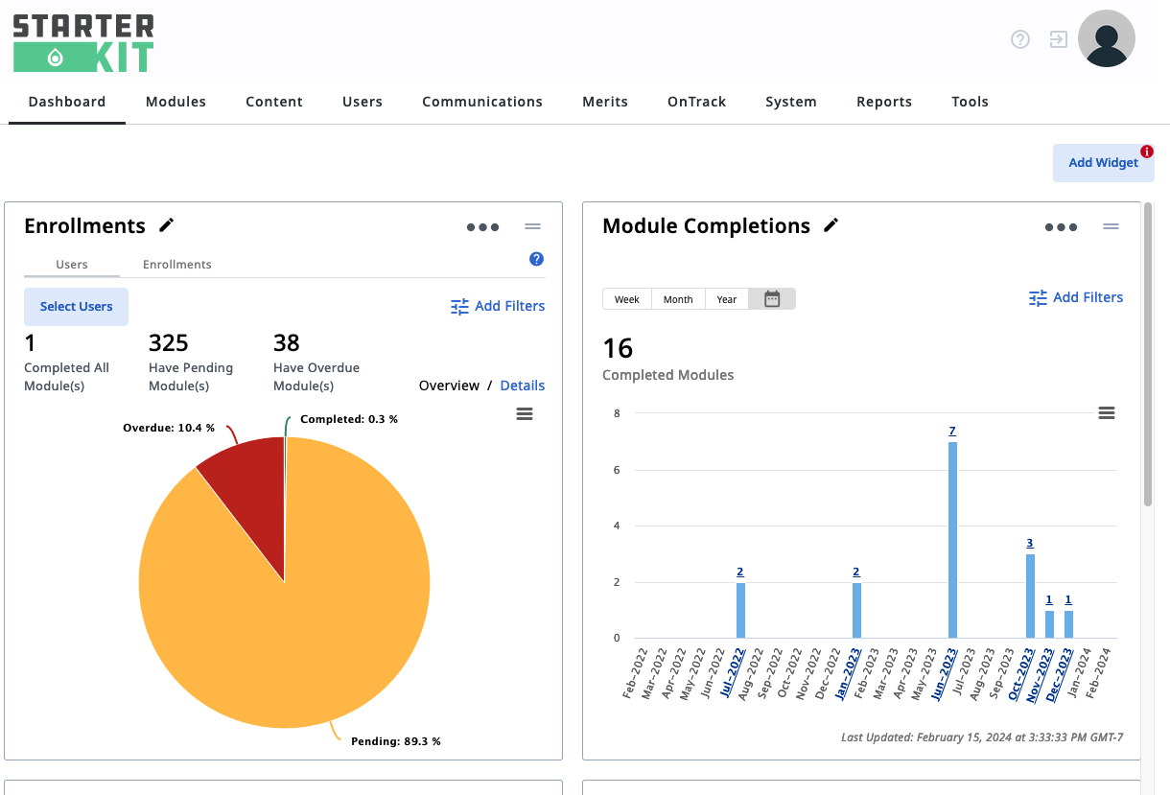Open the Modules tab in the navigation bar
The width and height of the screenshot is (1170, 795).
[x=175, y=102]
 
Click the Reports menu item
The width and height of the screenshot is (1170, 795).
[x=884, y=102]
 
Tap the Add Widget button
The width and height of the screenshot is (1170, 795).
[x=1103, y=163]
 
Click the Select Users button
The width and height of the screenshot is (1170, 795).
[x=77, y=307]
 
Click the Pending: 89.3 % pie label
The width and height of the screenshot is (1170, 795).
[x=396, y=741]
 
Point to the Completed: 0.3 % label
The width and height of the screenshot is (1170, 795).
[x=349, y=419]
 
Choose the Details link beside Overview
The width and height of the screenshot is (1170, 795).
[x=523, y=386]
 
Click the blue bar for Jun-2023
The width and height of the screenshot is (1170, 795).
[x=952, y=540]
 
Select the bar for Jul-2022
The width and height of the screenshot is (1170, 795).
[x=740, y=610]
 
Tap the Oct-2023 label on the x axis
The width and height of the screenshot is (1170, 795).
[x=1021, y=674]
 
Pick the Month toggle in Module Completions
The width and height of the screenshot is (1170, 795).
[x=678, y=299]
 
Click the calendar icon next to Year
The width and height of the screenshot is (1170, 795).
[x=772, y=299]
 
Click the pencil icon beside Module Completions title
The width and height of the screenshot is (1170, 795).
[x=831, y=225]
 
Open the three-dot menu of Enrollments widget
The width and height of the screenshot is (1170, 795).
[x=482, y=227]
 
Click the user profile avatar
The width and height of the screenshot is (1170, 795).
[x=1107, y=38]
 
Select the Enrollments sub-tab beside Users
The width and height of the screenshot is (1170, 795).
[x=177, y=265]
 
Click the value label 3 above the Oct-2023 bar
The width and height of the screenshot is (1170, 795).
[x=1030, y=543]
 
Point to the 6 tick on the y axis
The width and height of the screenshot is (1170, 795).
[x=617, y=470]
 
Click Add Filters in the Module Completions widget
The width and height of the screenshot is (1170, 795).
[x=1076, y=297]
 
